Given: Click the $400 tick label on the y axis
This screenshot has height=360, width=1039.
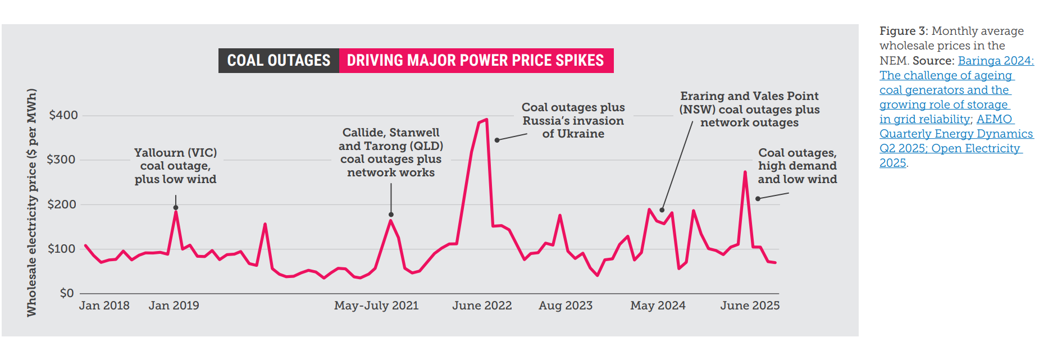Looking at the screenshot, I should coord(63,115).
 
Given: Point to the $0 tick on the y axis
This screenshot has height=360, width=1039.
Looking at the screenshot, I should coord(67,293).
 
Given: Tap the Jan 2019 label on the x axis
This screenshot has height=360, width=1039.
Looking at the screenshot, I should coord(174,306).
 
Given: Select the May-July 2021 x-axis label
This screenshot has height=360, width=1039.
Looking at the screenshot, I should coord(376,306).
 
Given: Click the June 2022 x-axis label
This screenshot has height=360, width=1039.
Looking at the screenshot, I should coord(482,306).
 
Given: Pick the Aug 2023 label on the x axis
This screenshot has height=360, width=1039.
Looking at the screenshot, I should coord(566,306).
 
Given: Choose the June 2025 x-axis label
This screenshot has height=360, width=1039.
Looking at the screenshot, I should coord(750,306).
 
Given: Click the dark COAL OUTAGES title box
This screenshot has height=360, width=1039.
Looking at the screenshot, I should coord(279,61).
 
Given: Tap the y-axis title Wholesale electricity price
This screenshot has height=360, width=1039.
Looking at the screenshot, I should coord(32,202).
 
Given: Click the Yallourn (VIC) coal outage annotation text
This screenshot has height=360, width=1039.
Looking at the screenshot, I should coord(175,166).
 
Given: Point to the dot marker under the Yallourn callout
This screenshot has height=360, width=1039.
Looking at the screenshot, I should coord(176,208).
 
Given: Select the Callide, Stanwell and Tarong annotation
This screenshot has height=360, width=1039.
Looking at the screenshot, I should coord(391,152).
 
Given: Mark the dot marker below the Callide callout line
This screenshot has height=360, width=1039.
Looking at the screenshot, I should coord(391,215).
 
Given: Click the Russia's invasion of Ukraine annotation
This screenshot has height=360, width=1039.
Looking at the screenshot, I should coord(573,121).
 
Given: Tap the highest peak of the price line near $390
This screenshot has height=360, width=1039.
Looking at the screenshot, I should coord(486,119).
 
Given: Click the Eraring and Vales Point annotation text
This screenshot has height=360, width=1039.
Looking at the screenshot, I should coord(749,110).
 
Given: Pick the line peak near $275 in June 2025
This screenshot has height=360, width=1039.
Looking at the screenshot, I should coord(745,172).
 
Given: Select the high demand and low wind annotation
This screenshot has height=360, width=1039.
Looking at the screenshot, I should coord(797,166).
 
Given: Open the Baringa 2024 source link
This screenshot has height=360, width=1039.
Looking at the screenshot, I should coord(995,61).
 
